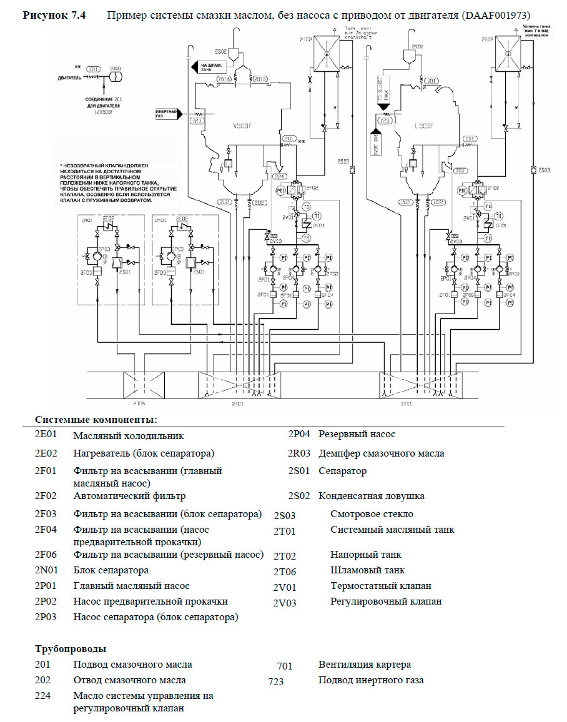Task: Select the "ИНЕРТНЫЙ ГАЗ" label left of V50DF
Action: pos(167,114)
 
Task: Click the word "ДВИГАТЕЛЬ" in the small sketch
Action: pos(69,78)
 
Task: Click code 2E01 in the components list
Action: pos(46,435)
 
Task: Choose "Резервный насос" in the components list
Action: pos(357,434)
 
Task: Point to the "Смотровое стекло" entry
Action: pos(372,514)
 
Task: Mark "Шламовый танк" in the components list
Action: pos(367,570)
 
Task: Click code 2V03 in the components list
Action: pos(285,603)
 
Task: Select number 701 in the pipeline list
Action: pos(285,666)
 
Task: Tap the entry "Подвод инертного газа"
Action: pos(371,680)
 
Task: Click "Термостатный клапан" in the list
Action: pos(380,586)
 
